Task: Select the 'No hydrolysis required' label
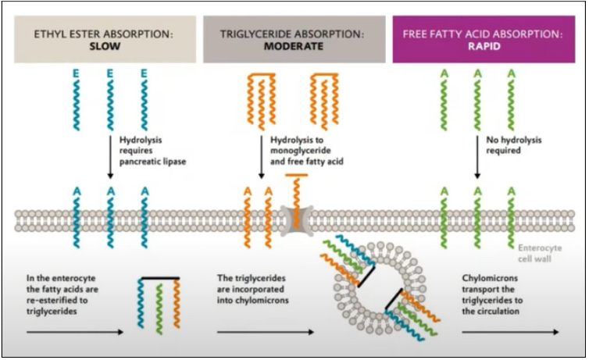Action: coord(509,145)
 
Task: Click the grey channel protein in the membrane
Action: coord(295,219)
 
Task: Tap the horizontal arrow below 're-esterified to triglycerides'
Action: coord(73,332)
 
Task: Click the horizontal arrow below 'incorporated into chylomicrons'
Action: coord(266,332)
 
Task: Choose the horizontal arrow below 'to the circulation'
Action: coord(509,332)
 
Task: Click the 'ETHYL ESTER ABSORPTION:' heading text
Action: coord(103,34)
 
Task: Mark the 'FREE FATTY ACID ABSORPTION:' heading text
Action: coord(482,34)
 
